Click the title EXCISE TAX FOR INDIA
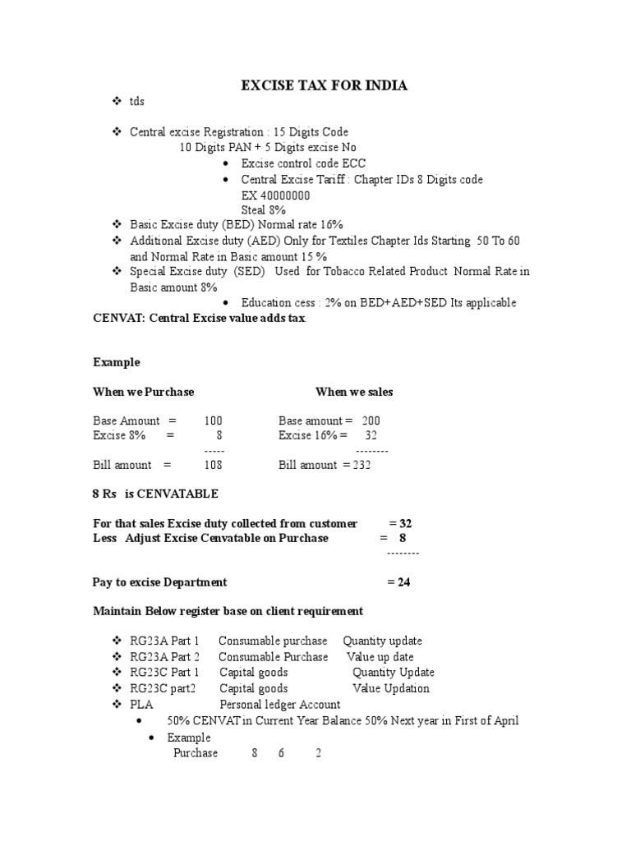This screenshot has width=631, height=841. pyautogui.click(x=323, y=85)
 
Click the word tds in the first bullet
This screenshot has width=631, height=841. pyautogui.click(x=137, y=102)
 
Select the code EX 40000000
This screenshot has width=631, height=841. pyautogui.click(x=275, y=195)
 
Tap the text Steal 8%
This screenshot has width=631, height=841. pyautogui.click(x=264, y=209)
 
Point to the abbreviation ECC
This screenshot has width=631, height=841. pyautogui.click(x=354, y=163)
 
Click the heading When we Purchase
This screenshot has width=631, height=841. pyautogui.click(x=144, y=392)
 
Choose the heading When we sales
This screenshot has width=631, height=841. pyautogui.click(x=354, y=392)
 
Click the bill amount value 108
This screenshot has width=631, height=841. pyautogui.click(x=214, y=465)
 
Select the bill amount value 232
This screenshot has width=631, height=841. pyautogui.click(x=362, y=465)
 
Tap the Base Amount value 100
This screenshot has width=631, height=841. pyautogui.click(x=214, y=420)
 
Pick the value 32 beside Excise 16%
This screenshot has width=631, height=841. pyautogui.click(x=371, y=435)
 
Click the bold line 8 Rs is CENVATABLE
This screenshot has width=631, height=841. pyautogui.click(x=155, y=494)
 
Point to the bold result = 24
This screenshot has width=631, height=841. pyautogui.click(x=398, y=582)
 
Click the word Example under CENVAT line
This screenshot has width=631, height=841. pyautogui.click(x=117, y=362)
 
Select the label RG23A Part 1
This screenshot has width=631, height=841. pyautogui.click(x=165, y=641)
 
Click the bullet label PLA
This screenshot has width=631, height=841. pyautogui.click(x=142, y=705)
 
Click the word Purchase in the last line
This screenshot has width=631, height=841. pyautogui.click(x=196, y=753)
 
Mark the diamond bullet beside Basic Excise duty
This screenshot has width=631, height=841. pyautogui.click(x=116, y=223)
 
